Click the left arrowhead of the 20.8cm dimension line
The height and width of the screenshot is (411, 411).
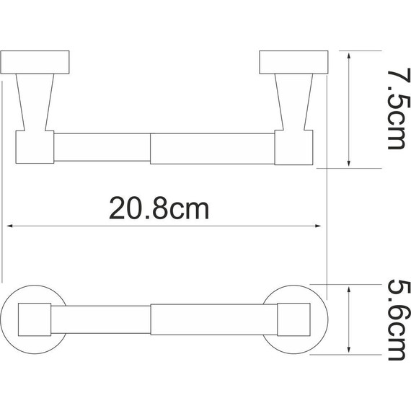coord(10,226)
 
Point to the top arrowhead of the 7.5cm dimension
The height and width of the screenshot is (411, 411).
coord(350,56)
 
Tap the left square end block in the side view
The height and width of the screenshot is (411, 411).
coord(35,148)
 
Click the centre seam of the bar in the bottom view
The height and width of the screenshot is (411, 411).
coord(151,319)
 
